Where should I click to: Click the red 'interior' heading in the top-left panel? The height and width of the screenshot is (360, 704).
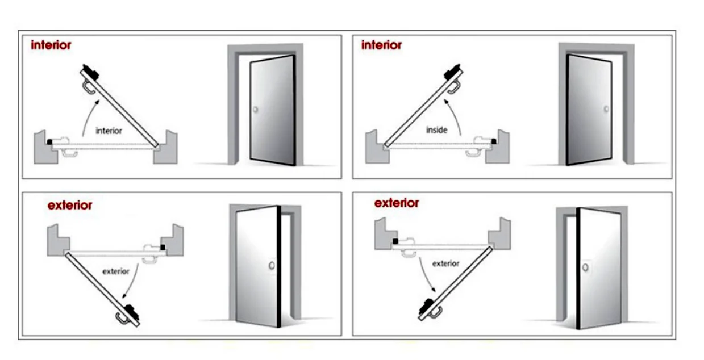51,45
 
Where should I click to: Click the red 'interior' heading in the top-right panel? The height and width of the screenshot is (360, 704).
381,45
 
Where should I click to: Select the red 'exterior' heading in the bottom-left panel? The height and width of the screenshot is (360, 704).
70,206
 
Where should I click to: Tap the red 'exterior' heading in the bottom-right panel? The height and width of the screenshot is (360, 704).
397,203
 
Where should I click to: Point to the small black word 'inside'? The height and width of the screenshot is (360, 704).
436,129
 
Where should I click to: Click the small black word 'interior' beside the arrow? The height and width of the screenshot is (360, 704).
109,131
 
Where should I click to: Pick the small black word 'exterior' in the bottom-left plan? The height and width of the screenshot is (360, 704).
116,271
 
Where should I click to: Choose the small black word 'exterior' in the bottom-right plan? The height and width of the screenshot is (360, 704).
445,263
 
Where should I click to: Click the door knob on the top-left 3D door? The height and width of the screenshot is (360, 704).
256,110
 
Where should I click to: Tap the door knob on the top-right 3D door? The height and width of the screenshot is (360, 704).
606,109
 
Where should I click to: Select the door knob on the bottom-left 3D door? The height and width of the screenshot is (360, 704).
272,265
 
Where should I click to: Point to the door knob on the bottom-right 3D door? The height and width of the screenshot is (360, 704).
585,267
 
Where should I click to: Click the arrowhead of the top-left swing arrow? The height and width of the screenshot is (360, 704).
97,102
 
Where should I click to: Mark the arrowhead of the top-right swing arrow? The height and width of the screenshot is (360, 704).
446,102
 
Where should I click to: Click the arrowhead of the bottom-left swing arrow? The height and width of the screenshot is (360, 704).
124,295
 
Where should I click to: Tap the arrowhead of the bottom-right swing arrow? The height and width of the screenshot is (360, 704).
434,290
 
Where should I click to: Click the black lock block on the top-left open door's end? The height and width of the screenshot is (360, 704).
90,72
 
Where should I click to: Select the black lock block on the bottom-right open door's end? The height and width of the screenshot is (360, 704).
426,306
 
